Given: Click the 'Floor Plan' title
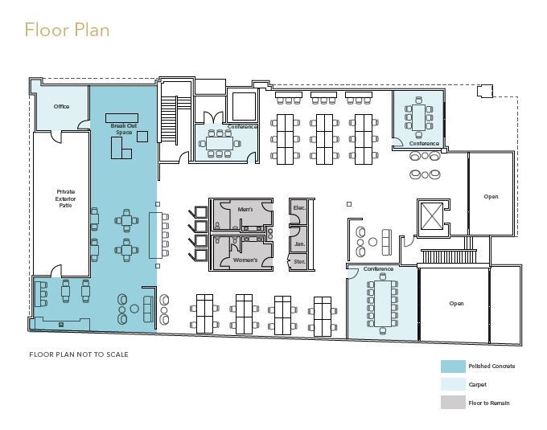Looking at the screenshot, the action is click(x=67, y=30).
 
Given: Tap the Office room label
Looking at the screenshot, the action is click(x=61, y=106).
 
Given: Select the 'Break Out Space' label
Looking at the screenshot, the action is click(x=124, y=129).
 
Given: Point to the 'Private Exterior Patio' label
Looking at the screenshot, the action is click(x=66, y=199).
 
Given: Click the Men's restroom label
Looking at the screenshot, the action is click(x=245, y=210).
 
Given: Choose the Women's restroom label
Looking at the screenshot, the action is click(x=245, y=260).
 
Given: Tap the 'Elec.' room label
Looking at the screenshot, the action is click(x=299, y=207).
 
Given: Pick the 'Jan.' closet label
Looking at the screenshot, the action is click(x=300, y=244).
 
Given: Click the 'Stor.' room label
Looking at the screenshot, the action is click(x=299, y=261).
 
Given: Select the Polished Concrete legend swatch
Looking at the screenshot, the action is click(x=453, y=367).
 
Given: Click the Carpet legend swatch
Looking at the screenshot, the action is click(x=453, y=384).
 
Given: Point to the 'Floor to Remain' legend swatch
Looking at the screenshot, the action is click(x=453, y=403).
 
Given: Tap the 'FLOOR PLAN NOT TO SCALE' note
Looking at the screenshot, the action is click(x=79, y=354).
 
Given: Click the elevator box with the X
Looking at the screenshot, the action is click(x=432, y=216).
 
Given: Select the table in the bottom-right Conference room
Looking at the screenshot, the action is click(x=383, y=303).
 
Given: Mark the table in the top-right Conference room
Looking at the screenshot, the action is click(x=418, y=117).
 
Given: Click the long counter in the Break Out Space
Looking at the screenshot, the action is click(x=121, y=118).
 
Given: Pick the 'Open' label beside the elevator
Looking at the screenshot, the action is click(x=491, y=197).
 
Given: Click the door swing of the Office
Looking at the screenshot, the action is click(x=82, y=124).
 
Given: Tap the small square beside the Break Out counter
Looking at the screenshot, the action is click(x=142, y=137).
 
